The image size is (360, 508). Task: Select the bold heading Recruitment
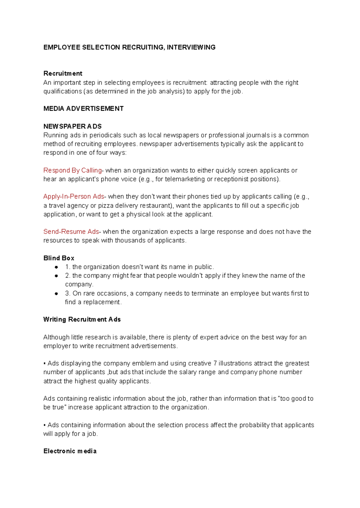(63, 73)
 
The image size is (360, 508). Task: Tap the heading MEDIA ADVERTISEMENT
(83, 109)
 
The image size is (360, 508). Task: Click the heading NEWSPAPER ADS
(72, 126)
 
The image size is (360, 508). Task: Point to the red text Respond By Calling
(72, 170)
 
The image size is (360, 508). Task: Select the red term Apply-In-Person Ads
(73, 196)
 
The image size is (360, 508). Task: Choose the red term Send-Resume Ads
(71, 232)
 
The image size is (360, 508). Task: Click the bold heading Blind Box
(59, 258)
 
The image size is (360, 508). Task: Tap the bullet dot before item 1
(56, 267)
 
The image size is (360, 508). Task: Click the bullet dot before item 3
(56, 293)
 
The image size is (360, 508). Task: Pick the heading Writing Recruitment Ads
(82, 319)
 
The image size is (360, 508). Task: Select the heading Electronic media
(70, 451)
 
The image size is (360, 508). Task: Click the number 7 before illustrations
(215, 363)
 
